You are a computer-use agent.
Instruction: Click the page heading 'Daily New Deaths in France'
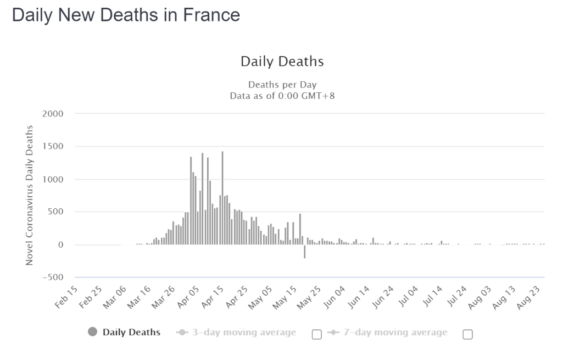pyautogui.click(x=126, y=15)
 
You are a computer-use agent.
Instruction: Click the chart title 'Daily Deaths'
pyautogui.click(x=282, y=62)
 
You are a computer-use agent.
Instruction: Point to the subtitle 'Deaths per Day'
pyautogui.click(x=282, y=85)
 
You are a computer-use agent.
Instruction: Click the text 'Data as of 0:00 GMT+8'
pyautogui.click(x=282, y=96)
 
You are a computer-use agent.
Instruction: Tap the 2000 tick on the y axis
pyautogui.click(x=53, y=114)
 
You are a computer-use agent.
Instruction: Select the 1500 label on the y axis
pyautogui.click(x=53, y=146)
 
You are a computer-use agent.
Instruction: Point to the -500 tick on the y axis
pyautogui.click(x=53, y=278)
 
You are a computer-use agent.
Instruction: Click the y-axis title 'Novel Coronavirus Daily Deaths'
pyautogui.click(x=29, y=196)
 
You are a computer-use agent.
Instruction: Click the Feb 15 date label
pyautogui.click(x=66, y=297)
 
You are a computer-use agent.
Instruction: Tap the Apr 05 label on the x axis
pyautogui.click(x=188, y=297)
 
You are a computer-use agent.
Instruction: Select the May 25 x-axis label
pyautogui.click(x=309, y=297)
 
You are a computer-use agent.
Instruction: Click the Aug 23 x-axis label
pyautogui.click(x=528, y=297)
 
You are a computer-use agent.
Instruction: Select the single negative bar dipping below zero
pyautogui.click(x=304, y=252)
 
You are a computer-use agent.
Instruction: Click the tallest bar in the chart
pyautogui.click(x=222, y=198)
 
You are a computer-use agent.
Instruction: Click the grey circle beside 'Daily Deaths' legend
pyautogui.click(x=93, y=331)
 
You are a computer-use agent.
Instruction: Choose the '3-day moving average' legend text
pyautogui.click(x=244, y=333)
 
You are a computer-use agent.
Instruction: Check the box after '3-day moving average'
pyautogui.click(x=317, y=335)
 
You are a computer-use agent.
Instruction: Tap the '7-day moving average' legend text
pyautogui.click(x=395, y=333)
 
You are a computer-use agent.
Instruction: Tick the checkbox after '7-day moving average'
pyautogui.click(x=468, y=335)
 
